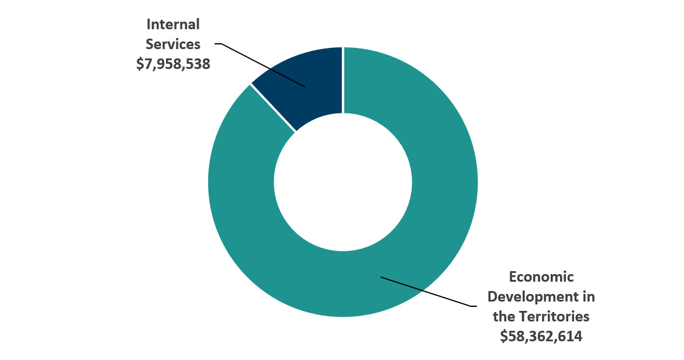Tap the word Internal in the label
173,25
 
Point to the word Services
173,44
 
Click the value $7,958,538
173,64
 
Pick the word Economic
541,276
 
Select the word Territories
554,316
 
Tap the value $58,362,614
541,336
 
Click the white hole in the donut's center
343,182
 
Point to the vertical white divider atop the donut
343,79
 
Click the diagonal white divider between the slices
273,108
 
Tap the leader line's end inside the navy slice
305,86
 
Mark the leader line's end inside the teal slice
381,276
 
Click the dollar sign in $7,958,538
140,64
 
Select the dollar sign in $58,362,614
504,336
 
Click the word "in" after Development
588,296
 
